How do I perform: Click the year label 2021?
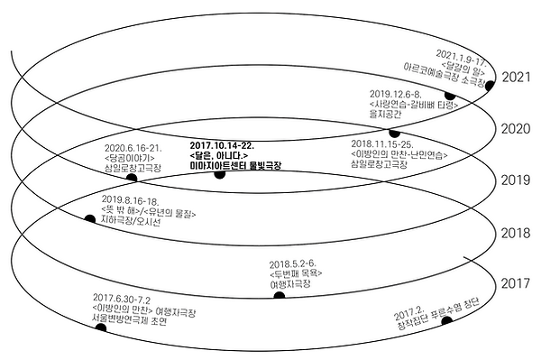click(519, 77)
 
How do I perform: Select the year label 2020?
click(519, 129)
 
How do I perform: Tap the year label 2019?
click(519, 180)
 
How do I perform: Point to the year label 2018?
click(519, 233)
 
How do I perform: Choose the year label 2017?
click(519, 285)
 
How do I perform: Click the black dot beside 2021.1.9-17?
click(450, 95)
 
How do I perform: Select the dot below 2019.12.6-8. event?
click(394, 134)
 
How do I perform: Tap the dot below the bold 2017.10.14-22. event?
click(219, 173)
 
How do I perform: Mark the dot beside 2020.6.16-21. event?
click(132, 179)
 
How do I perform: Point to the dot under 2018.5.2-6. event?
click(280, 294)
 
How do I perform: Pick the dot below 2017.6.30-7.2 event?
click(100, 328)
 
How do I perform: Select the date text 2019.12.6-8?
click(396, 92)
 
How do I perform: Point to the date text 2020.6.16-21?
click(133, 148)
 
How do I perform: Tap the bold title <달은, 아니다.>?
click(220, 155)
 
